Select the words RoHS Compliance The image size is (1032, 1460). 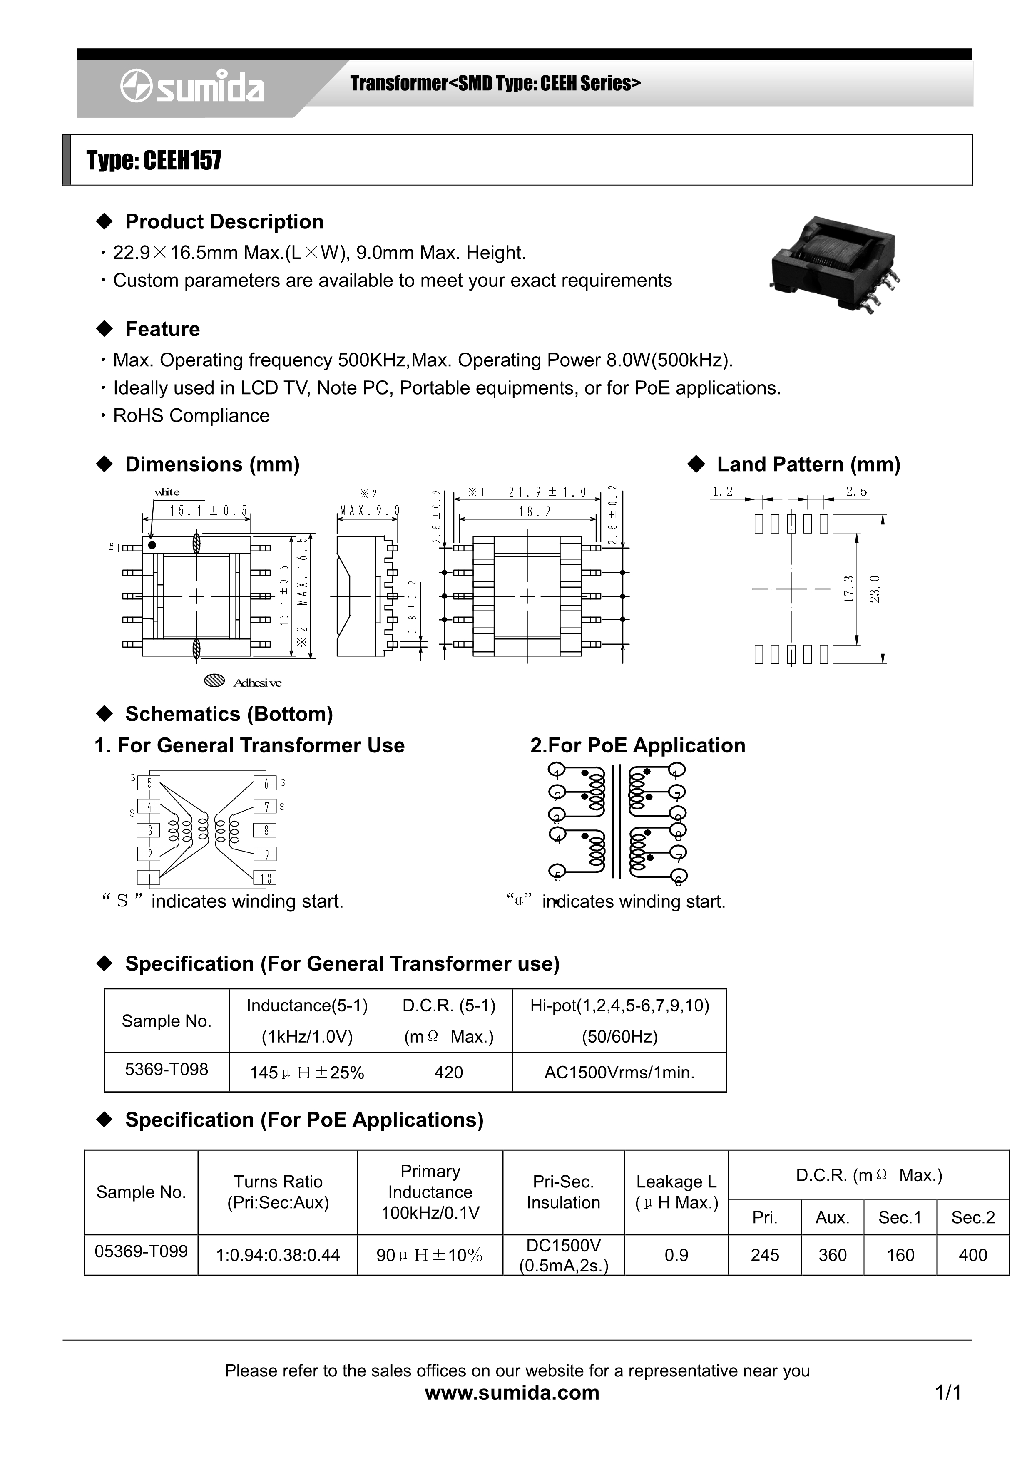(x=191, y=416)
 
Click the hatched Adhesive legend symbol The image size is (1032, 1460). (x=215, y=681)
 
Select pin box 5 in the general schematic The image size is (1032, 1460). (x=149, y=783)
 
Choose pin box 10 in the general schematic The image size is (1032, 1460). (x=265, y=878)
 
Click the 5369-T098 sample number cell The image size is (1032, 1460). (x=167, y=1070)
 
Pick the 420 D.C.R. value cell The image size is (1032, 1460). (x=448, y=1073)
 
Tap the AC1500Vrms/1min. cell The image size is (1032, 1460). (x=619, y=1073)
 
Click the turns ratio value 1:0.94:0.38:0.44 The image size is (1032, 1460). (x=278, y=1255)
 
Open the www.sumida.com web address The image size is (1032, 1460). (x=512, y=1392)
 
